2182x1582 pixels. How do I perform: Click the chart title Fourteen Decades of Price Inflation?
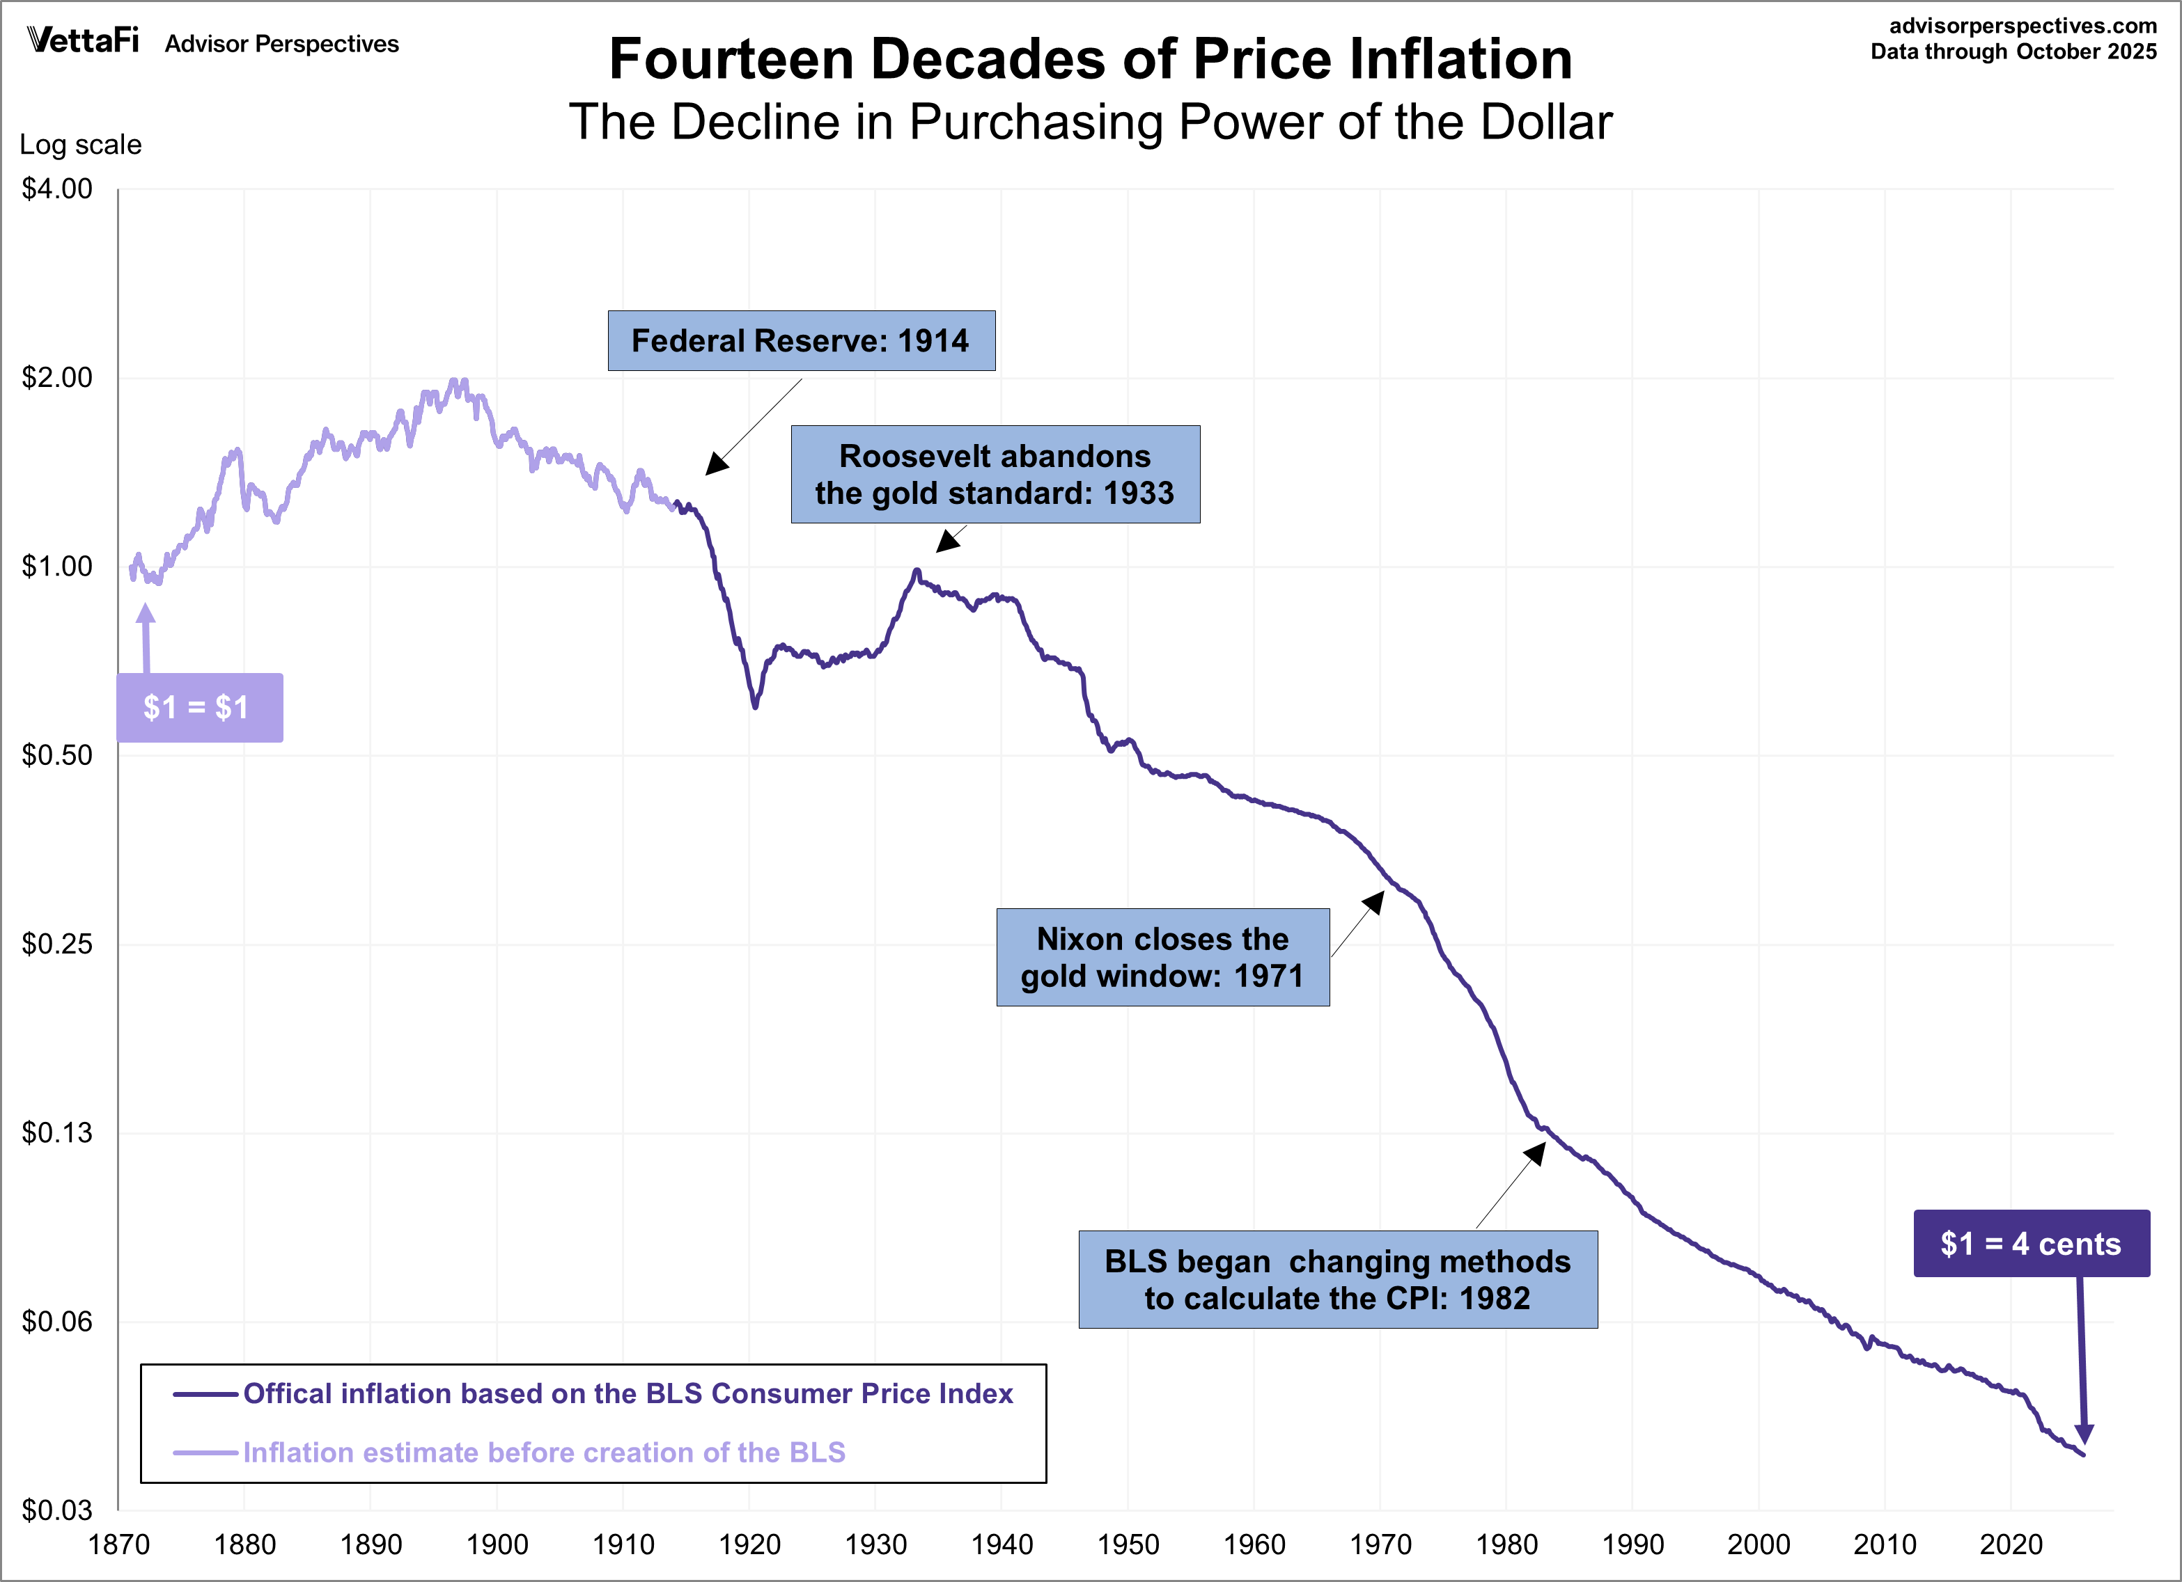[x=1090, y=60]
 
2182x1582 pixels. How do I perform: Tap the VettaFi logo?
[x=84, y=40]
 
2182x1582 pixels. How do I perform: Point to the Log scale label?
[x=81, y=145]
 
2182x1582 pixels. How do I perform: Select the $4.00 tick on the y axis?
[x=58, y=189]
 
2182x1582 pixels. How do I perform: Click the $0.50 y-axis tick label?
[x=58, y=755]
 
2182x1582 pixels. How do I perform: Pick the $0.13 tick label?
[x=58, y=1133]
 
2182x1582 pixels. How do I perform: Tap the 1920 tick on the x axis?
[x=749, y=1544]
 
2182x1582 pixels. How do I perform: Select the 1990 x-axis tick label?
[x=1632, y=1544]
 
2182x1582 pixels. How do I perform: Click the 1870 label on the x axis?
[x=119, y=1544]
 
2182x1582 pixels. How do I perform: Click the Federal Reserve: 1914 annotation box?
[x=800, y=340]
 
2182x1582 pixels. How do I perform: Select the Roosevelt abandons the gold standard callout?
[x=995, y=474]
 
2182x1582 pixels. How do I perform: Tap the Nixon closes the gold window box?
[x=1162, y=957]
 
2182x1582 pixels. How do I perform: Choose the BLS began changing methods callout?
[x=1337, y=1279]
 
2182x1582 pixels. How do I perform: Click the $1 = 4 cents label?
[x=2031, y=1244]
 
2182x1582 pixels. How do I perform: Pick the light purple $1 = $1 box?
[x=199, y=708]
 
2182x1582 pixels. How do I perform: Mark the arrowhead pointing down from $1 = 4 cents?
[x=2084, y=1433]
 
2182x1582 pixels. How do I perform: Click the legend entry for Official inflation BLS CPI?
[x=628, y=1393]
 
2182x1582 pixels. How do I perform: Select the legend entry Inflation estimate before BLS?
[x=543, y=1452]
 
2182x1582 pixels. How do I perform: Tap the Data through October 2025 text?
[x=2013, y=52]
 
